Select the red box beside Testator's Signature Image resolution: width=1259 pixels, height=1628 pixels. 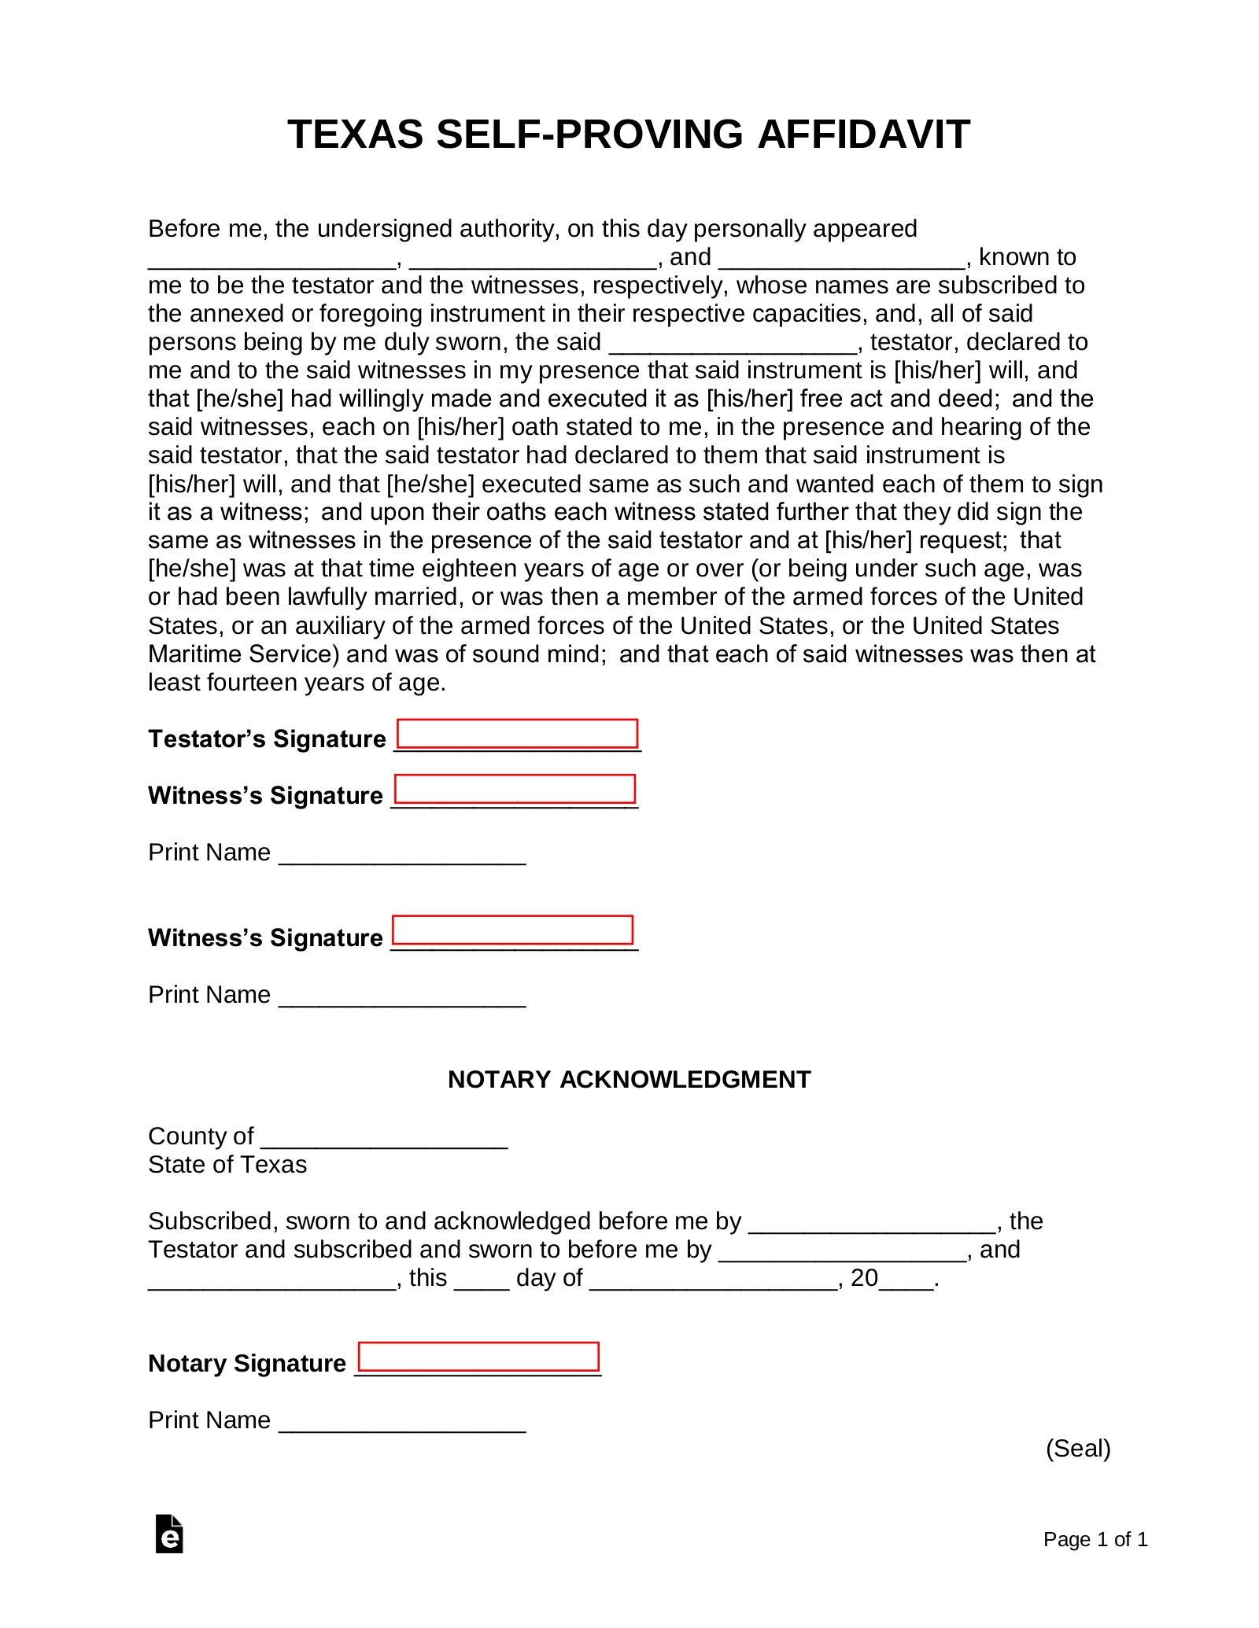517,733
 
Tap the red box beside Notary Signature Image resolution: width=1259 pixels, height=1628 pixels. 478,1357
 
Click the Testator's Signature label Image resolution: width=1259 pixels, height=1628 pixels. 267,739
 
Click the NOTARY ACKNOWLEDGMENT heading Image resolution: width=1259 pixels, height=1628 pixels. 629,1079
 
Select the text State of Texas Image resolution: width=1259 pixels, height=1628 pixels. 227,1165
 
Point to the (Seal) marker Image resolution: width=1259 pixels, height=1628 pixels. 1077,1448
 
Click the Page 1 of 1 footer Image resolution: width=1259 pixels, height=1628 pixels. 1095,1539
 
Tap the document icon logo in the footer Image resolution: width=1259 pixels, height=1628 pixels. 169,1534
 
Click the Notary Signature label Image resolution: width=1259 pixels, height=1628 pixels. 247,1363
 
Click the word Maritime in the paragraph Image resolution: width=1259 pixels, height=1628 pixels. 195,654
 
